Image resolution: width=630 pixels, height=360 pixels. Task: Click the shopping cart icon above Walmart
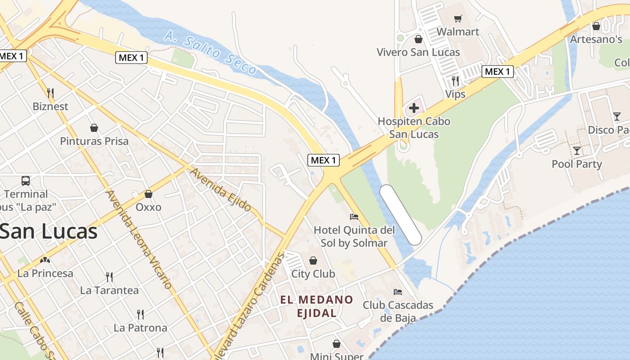458,18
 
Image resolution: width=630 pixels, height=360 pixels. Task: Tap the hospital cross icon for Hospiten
414,108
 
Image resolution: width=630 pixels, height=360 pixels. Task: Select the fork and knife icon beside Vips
455,81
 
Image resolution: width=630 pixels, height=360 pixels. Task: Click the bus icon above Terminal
26,181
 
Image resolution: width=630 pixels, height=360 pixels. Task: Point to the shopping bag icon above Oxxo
148,194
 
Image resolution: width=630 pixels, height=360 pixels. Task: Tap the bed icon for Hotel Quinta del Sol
354,217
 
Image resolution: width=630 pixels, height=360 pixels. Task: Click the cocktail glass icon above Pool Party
576,150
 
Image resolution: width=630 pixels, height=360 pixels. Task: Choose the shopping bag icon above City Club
313,261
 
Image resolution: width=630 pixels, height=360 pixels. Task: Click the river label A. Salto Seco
210,53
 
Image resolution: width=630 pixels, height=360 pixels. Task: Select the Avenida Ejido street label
220,189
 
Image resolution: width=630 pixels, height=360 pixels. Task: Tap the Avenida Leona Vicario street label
139,239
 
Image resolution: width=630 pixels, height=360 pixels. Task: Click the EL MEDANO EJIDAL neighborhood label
317,306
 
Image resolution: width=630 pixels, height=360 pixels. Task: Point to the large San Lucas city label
49,232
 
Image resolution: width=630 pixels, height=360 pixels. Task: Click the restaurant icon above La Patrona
140,314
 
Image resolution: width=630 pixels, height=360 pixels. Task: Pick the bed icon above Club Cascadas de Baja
397,292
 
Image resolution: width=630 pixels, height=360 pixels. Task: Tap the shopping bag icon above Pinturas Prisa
94,128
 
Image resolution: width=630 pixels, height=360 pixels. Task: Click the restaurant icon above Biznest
50,93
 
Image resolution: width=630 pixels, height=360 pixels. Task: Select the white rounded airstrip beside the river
400,215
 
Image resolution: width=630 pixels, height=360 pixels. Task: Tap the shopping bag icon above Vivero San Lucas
418,39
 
